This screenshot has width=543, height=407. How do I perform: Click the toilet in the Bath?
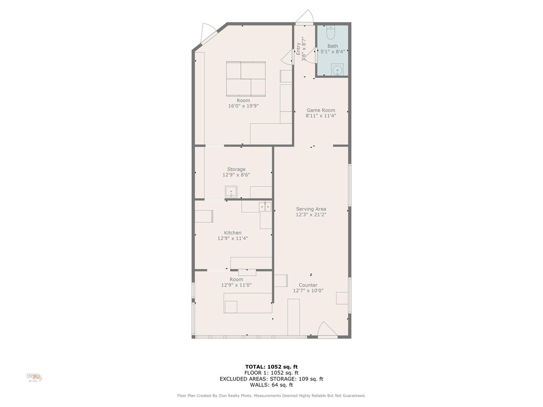[x=331, y=32]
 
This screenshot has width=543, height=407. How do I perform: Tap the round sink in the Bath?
[x=337, y=69]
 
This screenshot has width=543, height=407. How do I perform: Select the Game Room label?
[x=321, y=110]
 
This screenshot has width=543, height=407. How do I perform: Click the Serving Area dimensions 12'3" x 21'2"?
[x=311, y=215]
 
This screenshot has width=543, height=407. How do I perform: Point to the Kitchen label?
[x=232, y=233]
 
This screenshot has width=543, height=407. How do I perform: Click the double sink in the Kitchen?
[x=265, y=207]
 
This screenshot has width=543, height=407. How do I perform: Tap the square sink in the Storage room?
[x=231, y=191]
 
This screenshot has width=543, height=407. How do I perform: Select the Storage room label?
[x=236, y=169]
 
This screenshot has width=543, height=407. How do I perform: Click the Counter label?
[x=308, y=285]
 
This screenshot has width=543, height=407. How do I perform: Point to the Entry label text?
[x=298, y=49]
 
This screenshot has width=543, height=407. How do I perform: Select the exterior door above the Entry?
[x=305, y=17]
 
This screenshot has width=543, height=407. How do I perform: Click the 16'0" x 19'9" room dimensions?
[x=243, y=106]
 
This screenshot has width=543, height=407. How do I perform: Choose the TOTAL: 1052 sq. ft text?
[x=271, y=367]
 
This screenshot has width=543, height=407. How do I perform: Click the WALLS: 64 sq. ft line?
[x=271, y=385]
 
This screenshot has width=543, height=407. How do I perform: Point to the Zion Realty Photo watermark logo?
[x=34, y=377]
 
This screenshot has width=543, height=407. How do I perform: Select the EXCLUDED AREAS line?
[x=271, y=379]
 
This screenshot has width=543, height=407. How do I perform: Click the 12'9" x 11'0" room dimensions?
[x=236, y=285]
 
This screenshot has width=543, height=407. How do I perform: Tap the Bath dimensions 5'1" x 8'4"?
[x=332, y=51]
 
